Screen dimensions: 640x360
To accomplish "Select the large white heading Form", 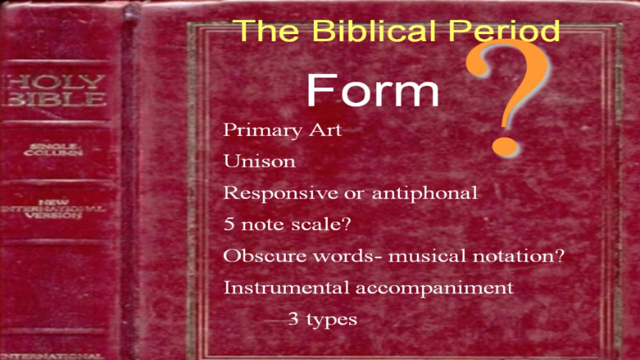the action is point(373,90).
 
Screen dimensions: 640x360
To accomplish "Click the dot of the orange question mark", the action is point(505,146).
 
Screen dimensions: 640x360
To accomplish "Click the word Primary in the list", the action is point(262,131).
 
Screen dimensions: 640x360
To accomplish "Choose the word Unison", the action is point(259,161).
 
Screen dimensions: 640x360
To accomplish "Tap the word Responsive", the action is point(281,194).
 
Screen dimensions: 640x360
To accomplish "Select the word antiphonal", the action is point(425,194).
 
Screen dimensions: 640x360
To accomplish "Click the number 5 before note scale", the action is point(229,223).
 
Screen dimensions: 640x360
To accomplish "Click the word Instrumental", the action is point(286,287).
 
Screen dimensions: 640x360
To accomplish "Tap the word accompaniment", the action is point(434,289).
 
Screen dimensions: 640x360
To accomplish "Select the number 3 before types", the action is point(293,318).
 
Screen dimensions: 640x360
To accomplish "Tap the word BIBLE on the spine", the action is point(56,99).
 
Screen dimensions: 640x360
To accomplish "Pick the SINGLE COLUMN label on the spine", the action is point(53,150).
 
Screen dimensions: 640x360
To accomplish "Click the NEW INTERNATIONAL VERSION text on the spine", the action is point(53,209).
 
